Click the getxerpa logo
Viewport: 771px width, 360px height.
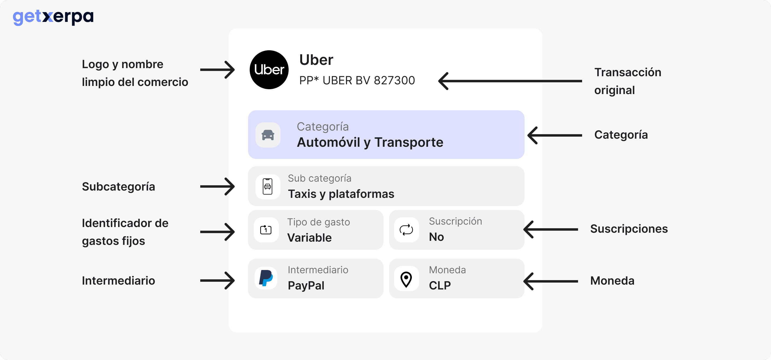coord(53,17)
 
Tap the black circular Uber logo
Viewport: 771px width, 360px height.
coord(269,70)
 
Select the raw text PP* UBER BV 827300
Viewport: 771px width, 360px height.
coord(357,81)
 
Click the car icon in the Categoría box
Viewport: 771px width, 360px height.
coord(268,135)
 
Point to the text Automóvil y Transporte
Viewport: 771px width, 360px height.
coord(370,142)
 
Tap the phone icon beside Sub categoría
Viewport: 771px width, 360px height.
coord(268,186)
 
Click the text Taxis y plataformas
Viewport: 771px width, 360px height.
coord(341,194)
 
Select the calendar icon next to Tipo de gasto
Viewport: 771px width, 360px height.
coord(266,229)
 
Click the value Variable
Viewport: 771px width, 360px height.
coord(309,238)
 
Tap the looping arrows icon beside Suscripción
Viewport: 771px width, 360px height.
coord(406,229)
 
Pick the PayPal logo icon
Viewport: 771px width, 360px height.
coord(266,278)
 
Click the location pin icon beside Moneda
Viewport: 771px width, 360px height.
coord(406,279)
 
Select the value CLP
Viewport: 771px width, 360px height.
coord(439,285)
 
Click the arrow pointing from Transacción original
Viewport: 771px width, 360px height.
coord(510,81)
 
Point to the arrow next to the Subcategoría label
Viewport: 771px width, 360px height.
coord(217,186)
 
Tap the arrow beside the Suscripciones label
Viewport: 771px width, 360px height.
coord(551,229)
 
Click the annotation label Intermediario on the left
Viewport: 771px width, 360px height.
coord(119,281)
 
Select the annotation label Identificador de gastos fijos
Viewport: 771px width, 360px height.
coord(125,232)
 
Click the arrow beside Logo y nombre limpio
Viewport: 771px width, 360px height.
coord(217,70)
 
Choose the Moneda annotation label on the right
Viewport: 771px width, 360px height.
coord(612,281)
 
